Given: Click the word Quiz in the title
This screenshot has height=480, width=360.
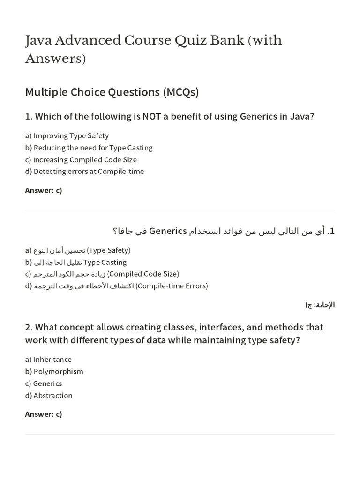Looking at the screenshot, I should click(x=192, y=40).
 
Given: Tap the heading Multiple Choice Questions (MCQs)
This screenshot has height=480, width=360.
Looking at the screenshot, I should click(x=112, y=92).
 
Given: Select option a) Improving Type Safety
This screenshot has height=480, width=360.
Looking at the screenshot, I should click(x=67, y=135).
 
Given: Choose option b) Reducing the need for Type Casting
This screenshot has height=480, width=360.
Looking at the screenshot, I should click(x=89, y=148).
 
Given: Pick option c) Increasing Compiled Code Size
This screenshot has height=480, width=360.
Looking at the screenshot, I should click(x=81, y=159).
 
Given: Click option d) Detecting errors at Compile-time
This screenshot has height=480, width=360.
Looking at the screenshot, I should click(x=84, y=171).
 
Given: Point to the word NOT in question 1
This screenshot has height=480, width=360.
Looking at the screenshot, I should click(x=150, y=116).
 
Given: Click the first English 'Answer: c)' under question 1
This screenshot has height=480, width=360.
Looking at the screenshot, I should click(x=44, y=190).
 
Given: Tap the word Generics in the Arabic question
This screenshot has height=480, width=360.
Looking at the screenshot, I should click(x=168, y=231).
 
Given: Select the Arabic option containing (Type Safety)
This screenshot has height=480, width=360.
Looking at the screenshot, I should click(x=78, y=250).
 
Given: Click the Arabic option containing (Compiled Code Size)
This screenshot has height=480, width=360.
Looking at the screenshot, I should click(x=102, y=274).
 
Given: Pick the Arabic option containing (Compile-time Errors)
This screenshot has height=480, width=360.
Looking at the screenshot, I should click(x=117, y=285).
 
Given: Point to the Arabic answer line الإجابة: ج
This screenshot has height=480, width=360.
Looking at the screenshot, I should click(x=320, y=305).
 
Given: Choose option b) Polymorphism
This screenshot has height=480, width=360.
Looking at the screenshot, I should click(x=54, y=371).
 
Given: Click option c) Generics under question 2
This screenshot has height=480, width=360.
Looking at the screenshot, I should click(x=43, y=383).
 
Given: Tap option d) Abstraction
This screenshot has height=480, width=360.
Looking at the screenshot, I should click(x=49, y=395).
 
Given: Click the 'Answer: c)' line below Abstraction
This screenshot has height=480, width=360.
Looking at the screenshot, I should click(x=44, y=414).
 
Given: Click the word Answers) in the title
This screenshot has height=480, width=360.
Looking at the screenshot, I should click(x=55, y=60).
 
